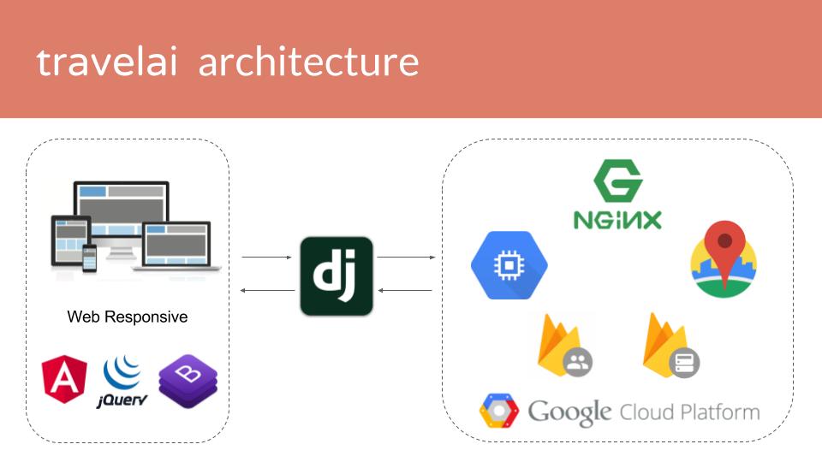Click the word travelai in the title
pyautogui.click(x=106, y=62)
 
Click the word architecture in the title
pyautogui.click(x=309, y=62)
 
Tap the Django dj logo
pyautogui.click(x=337, y=276)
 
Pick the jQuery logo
pyautogui.click(x=123, y=382)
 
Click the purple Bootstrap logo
pyautogui.click(x=188, y=381)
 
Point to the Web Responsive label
pyautogui.click(x=128, y=317)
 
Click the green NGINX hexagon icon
pyautogui.click(x=618, y=184)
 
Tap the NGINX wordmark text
pyautogui.click(x=617, y=220)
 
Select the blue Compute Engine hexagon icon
pyautogui.click(x=509, y=265)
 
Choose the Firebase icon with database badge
pyautogui.click(x=671, y=346)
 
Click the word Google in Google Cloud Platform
pyautogui.click(x=569, y=412)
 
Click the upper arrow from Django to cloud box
pyautogui.click(x=406, y=257)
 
